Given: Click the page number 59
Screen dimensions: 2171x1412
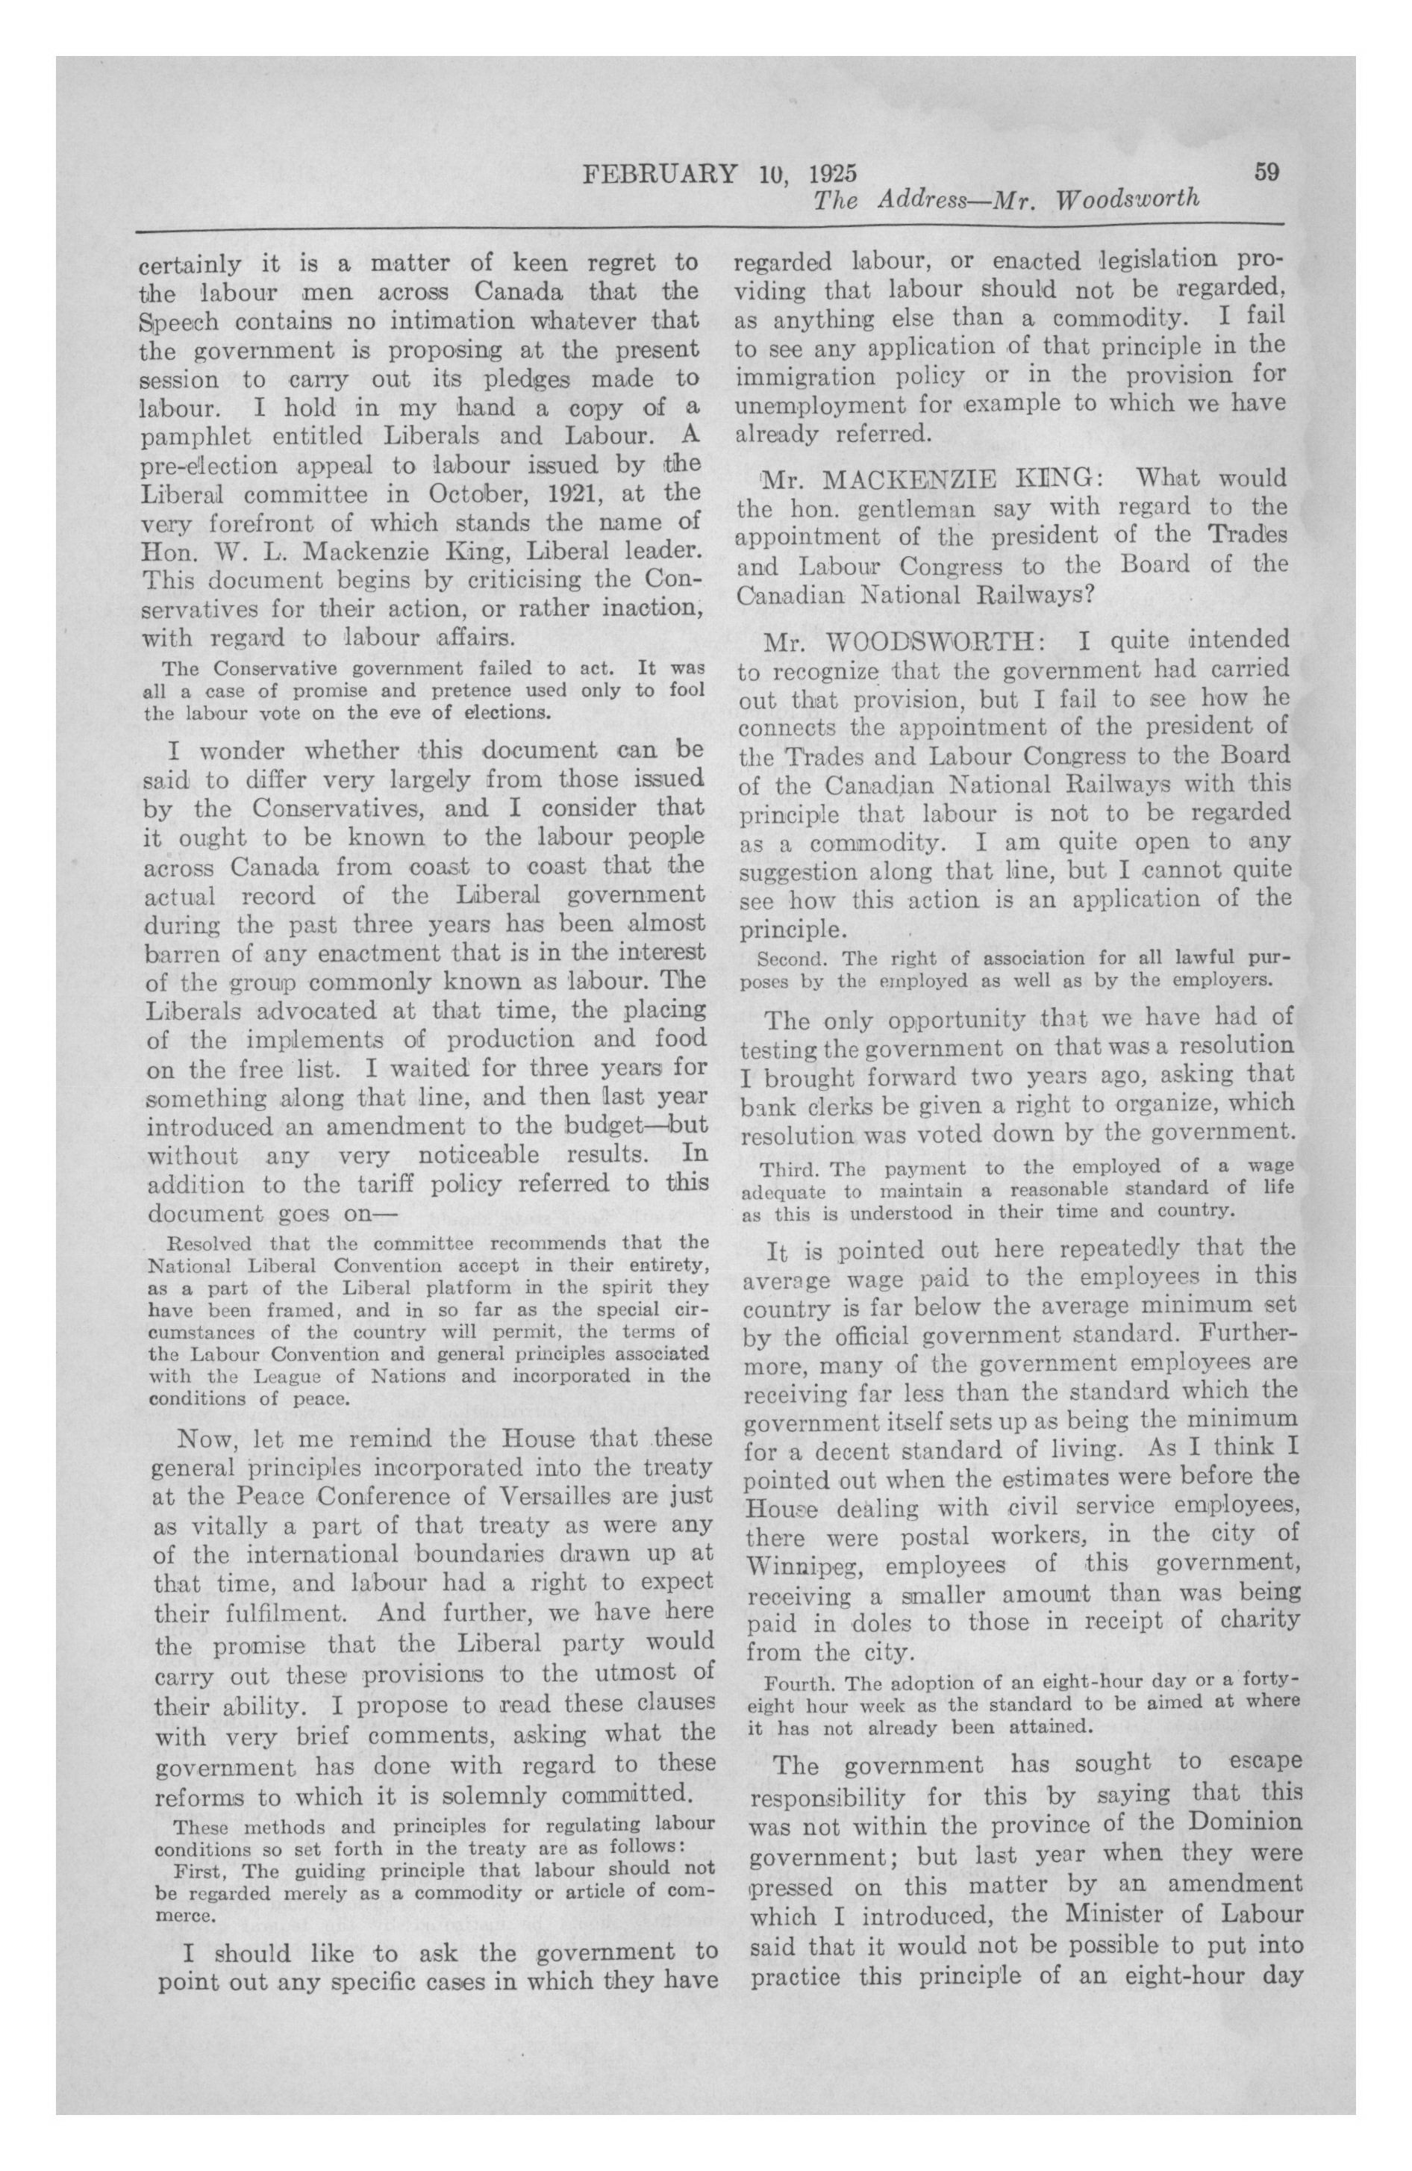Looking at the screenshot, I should coord(1266,172).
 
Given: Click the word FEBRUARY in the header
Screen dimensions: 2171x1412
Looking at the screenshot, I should coord(657,173).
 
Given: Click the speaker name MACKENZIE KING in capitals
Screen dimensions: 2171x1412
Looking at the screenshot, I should coord(963,478).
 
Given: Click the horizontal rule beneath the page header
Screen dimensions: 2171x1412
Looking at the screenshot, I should coord(710,225).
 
